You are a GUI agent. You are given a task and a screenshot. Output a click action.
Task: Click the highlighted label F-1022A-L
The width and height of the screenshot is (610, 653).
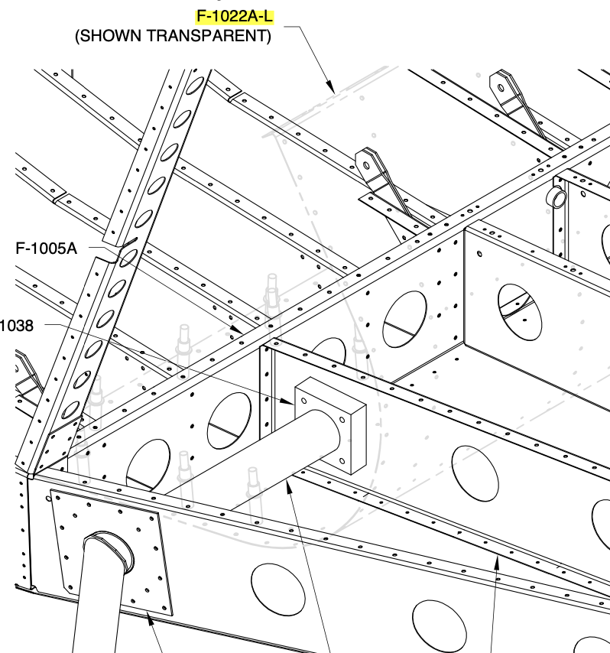[235, 17]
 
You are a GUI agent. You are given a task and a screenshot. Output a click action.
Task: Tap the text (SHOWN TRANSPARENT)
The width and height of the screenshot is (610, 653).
[173, 36]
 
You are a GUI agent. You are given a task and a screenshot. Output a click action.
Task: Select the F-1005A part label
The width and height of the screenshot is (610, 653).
[46, 249]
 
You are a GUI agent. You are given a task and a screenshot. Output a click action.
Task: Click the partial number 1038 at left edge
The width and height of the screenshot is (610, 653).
[17, 325]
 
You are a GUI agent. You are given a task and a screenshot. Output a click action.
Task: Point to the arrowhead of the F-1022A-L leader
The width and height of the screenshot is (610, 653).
[330, 87]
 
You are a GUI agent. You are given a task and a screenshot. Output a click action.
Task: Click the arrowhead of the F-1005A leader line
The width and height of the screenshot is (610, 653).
[236, 329]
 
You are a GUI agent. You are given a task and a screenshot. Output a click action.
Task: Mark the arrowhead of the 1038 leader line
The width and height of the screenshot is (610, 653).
[287, 401]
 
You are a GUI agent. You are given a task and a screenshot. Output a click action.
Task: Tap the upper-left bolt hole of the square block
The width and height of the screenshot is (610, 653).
[303, 401]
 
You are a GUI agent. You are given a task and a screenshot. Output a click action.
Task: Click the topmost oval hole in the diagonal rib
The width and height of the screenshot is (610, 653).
[195, 86]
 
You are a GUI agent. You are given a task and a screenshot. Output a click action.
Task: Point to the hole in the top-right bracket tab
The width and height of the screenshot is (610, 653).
[501, 87]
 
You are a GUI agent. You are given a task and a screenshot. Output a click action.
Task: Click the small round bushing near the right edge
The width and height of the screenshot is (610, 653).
[556, 197]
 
